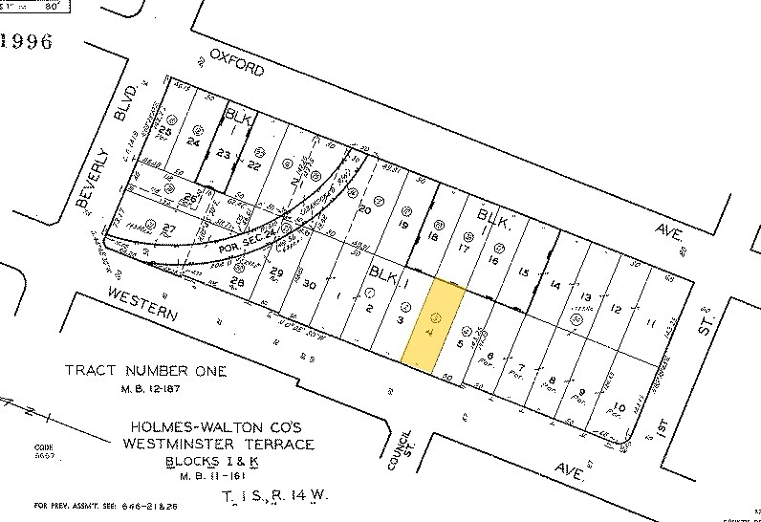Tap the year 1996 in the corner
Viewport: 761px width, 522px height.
coord(29,41)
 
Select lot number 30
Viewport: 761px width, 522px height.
coord(308,284)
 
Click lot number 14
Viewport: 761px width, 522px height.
coord(556,285)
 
